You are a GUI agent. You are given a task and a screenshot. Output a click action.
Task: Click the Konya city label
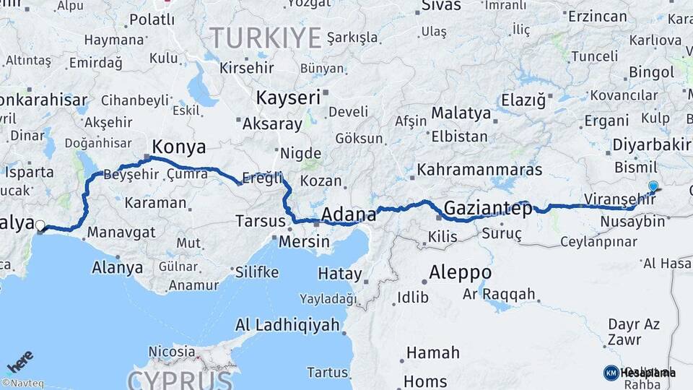(178, 147)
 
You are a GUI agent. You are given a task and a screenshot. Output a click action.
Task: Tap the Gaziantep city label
(487, 209)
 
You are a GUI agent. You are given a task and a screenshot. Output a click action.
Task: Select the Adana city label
(349, 214)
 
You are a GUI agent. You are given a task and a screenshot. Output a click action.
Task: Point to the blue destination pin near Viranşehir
(653, 186)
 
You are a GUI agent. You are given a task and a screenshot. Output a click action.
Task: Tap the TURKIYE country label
(265, 37)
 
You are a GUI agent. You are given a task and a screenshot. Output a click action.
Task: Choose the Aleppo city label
(460, 273)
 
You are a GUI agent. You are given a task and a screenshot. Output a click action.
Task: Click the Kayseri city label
(288, 97)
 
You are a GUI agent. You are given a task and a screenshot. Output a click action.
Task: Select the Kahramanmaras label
(480, 170)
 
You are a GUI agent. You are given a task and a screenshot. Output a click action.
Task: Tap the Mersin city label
(304, 241)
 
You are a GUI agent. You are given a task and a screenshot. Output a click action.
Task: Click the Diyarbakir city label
(651, 144)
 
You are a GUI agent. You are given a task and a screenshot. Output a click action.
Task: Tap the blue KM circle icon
(611, 373)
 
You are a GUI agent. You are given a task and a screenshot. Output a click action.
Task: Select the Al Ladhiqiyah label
(287, 325)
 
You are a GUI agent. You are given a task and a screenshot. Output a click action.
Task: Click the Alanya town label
(117, 268)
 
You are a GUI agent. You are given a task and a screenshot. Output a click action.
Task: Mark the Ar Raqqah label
(499, 294)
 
